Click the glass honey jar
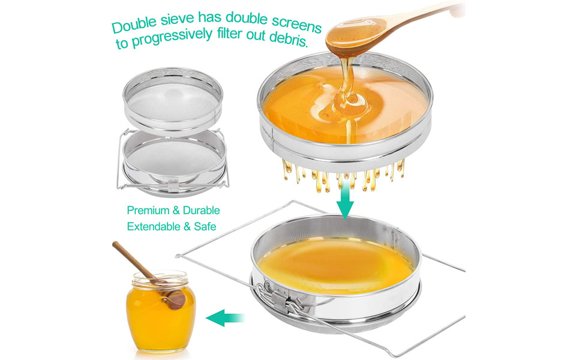point(160,313)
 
